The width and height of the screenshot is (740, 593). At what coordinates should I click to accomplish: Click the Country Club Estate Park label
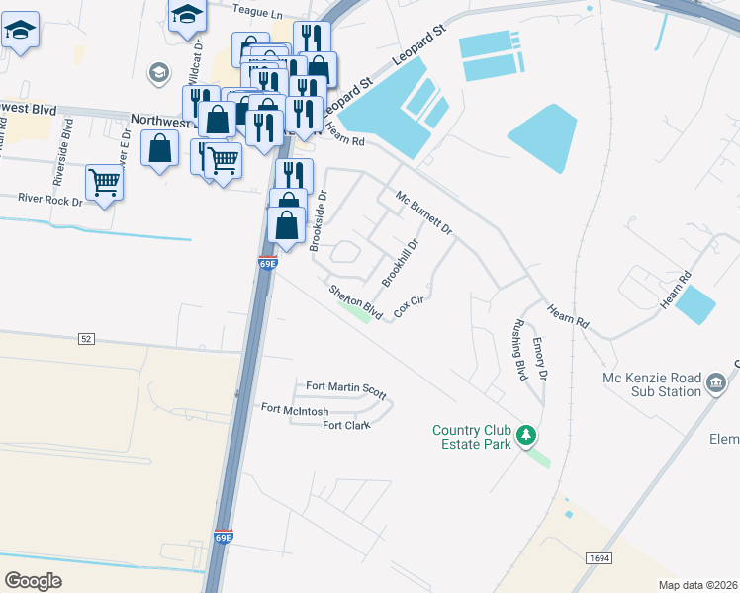[471, 437]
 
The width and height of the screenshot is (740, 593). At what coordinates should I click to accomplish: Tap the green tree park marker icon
[528, 435]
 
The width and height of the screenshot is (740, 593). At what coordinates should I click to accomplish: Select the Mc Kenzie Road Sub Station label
[651, 383]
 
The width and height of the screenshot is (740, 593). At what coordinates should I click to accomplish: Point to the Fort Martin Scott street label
[345, 387]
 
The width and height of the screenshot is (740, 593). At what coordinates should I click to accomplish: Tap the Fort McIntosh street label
[295, 409]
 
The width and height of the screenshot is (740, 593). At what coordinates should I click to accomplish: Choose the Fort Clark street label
[346, 426]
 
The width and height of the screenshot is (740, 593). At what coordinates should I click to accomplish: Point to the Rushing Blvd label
[518, 350]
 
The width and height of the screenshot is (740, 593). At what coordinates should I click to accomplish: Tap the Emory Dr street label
[540, 359]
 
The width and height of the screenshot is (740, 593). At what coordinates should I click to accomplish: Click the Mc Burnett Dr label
[423, 213]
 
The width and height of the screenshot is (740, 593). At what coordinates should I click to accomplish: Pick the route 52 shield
[87, 338]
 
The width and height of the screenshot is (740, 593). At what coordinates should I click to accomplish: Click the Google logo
[33, 580]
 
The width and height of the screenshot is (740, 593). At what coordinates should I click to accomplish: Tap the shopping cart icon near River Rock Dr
[104, 181]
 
